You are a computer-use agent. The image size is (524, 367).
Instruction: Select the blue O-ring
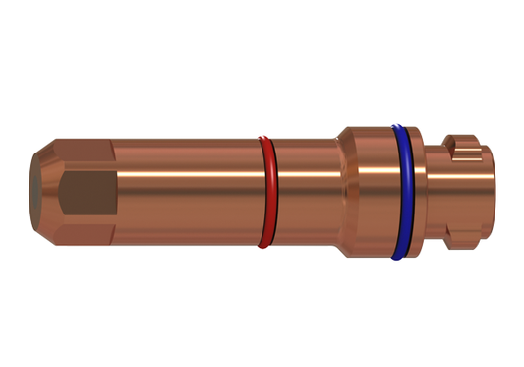(397, 192)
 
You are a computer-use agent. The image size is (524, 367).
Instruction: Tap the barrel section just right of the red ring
(300, 193)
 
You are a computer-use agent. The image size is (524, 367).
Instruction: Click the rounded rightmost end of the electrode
(486, 192)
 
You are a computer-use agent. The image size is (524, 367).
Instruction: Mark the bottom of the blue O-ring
(398, 258)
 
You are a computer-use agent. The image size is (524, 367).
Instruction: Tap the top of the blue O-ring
(398, 126)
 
